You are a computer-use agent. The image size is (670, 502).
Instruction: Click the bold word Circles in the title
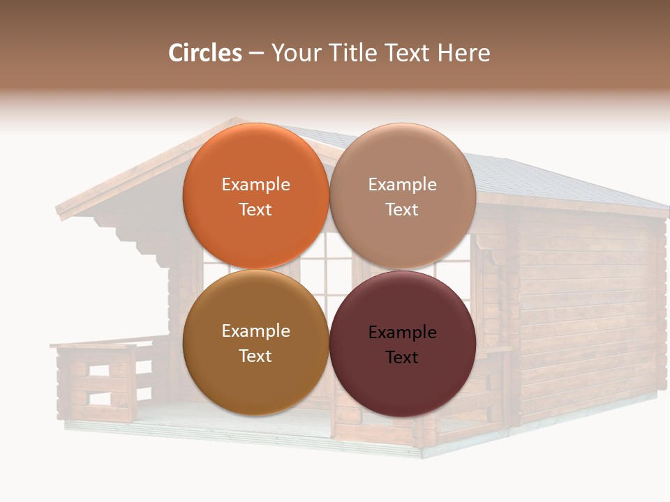204,53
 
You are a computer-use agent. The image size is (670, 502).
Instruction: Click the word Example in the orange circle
255,185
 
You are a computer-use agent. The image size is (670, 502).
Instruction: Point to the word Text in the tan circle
402,210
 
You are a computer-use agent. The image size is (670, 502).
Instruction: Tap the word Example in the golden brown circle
255,331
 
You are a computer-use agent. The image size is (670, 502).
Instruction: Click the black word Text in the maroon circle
402,358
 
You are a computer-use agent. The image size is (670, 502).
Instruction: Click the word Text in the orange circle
255,210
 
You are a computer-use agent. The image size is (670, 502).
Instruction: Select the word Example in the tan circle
402,185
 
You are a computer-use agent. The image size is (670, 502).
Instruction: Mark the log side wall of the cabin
586,314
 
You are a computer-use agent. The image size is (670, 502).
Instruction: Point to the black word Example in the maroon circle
402,333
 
